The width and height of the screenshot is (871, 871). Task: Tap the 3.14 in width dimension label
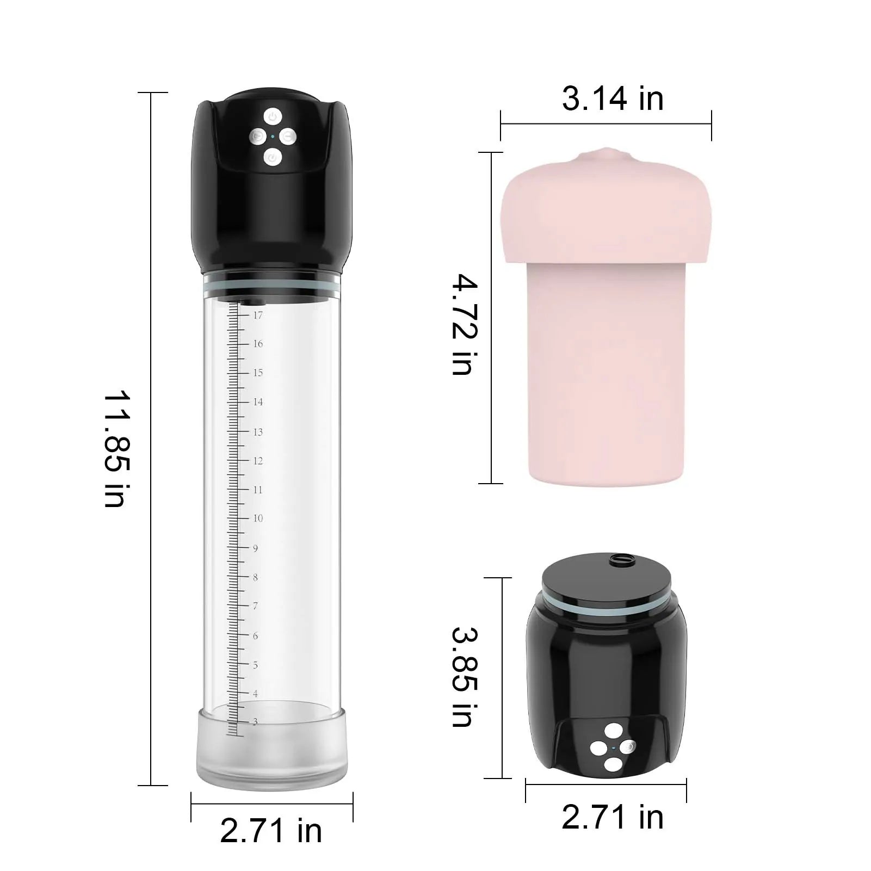[x=613, y=100]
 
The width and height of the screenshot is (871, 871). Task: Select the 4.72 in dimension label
[x=465, y=325]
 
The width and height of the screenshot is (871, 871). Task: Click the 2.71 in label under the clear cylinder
[x=271, y=831]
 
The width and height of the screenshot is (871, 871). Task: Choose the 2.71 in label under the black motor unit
[x=613, y=818]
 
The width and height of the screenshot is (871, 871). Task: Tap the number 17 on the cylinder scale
[x=258, y=315]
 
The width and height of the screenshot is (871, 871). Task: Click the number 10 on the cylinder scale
[x=258, y=518]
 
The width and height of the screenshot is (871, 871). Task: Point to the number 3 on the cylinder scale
[x=255, y=722]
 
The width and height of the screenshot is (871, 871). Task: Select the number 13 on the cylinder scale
[x=258, y=432]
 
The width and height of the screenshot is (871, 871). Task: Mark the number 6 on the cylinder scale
[x=255, y=635]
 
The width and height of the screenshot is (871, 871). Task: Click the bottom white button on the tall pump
[x=272, y=158]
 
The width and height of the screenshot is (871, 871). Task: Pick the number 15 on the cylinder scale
[x=258, y=373]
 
